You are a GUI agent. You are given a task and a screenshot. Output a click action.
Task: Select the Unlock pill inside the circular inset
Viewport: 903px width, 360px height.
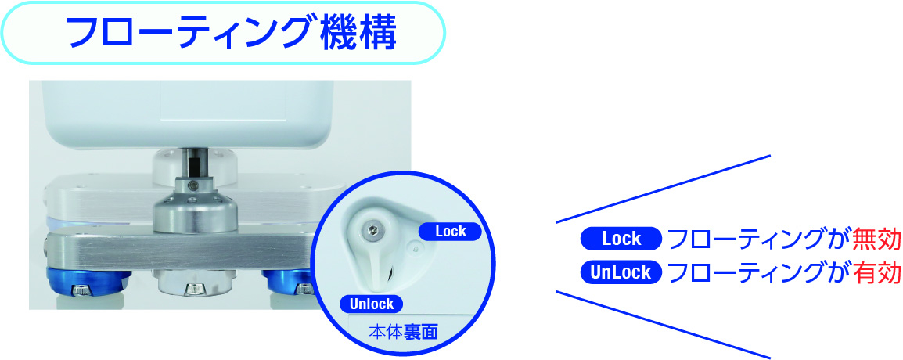coord(371,304)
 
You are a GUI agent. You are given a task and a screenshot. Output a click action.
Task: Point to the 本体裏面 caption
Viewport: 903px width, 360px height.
coord(402,333)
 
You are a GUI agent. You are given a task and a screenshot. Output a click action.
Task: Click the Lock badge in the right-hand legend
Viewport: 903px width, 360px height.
coord(621,239)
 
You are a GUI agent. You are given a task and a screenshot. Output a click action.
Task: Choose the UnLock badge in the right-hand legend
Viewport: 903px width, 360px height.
coord(621,272)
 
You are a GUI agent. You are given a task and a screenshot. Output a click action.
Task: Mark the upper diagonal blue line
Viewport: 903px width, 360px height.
coord(663,189)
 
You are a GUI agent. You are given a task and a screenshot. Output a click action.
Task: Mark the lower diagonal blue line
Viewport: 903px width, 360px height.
coord(663,324)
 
